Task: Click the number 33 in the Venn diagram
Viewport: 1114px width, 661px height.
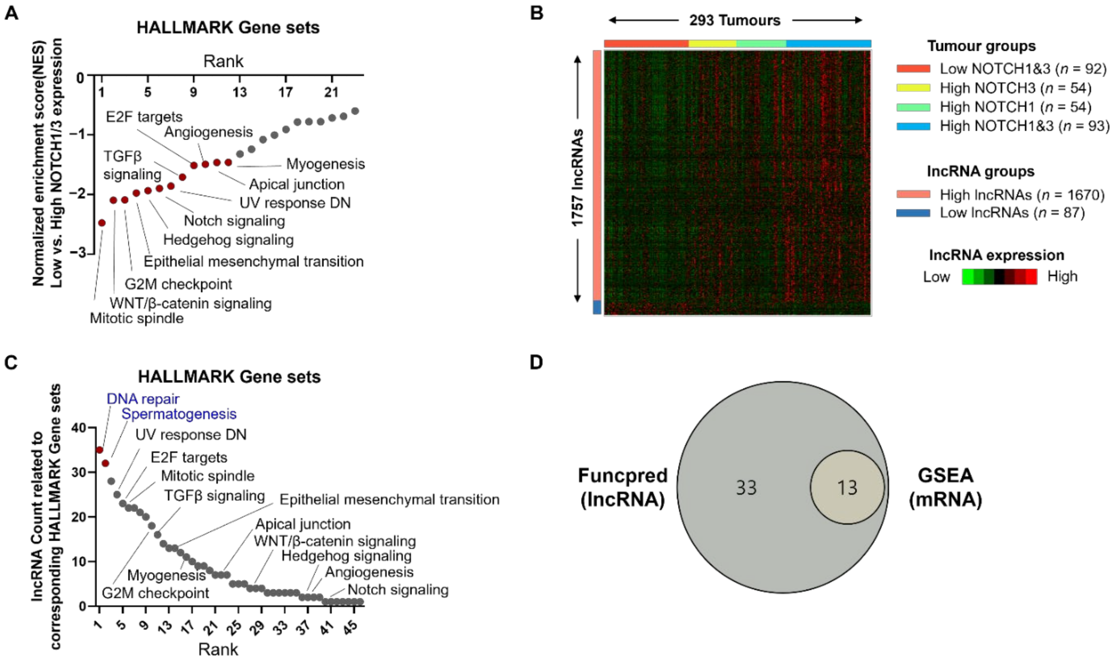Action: [x=746, y=488]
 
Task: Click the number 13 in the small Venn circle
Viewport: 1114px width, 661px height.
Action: [x=847, y=488]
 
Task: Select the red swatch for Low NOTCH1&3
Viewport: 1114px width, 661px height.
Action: [x=913, y=69]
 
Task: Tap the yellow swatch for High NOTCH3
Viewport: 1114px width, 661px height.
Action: [x=913, y=88]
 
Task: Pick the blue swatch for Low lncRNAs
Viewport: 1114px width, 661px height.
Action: [x=913, y=213]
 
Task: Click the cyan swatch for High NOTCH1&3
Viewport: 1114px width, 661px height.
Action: [x=913, y=126]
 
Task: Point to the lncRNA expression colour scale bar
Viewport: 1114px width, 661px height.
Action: [x=999, y=277]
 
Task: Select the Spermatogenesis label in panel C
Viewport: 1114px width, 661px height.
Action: [x=179, y=414]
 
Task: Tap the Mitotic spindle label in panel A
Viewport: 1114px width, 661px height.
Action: [x=137, y=318]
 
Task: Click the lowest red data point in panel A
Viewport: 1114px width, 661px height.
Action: [x=102, y=223]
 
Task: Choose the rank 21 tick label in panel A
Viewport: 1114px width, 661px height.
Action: [x=331, y=92]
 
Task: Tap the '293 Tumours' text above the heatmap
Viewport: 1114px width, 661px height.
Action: [x=735, y=20]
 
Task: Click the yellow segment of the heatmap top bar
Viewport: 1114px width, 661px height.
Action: [x=712, y=44]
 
